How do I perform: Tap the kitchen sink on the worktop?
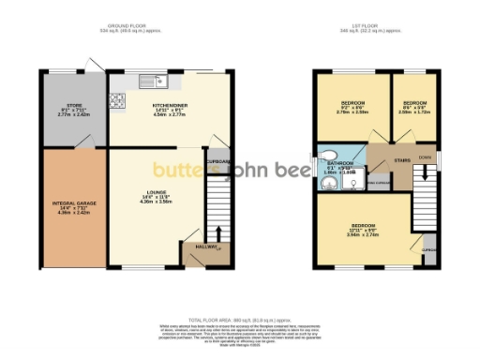(x=150, y=79)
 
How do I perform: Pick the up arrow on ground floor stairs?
(x=219, y=234)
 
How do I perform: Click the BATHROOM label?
(x=340, y=163)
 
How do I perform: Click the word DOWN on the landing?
(x=425, y=157)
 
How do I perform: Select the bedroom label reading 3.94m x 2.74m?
(x=364, y=231)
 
